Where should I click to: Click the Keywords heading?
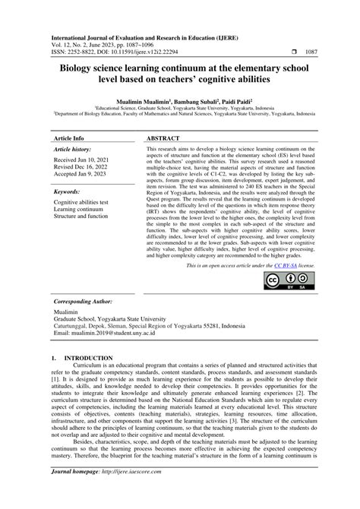(x=68, y=194)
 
